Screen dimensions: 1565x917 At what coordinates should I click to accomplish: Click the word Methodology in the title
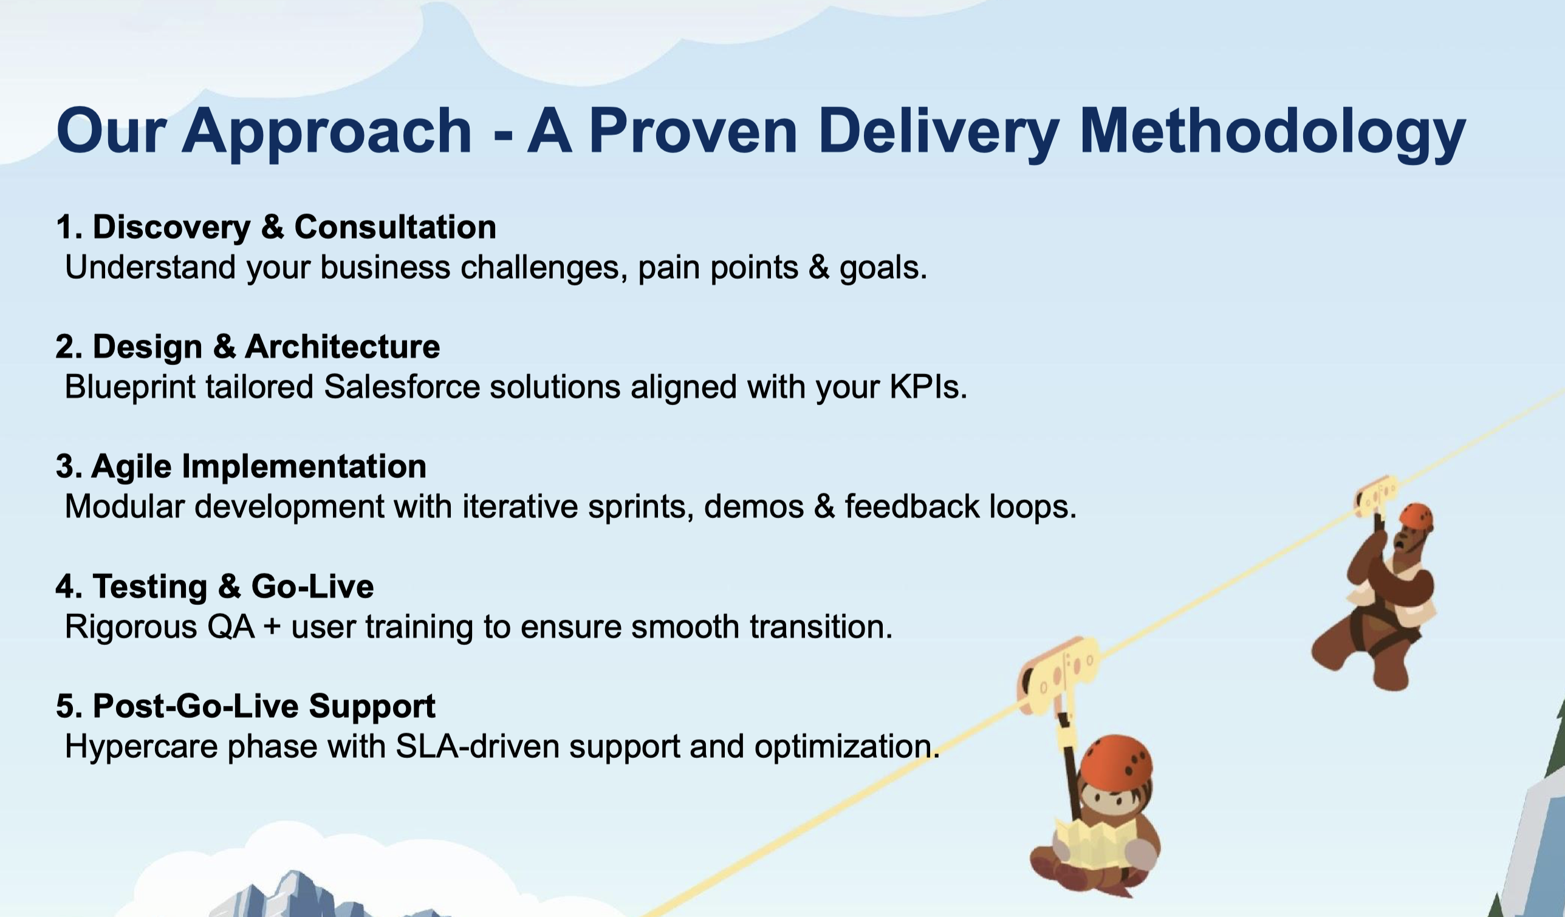pyautogui.click(x=1273, y=132)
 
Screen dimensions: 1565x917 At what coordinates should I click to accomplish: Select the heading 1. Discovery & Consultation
pyautogui.click(x=276, y=227)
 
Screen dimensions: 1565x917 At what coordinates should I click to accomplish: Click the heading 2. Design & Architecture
pyautogui.click(x=248, y=347)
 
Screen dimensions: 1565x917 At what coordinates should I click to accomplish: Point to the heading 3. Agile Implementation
pyautogui.click(x=241, y=467)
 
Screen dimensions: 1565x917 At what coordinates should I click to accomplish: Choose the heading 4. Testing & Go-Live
pyautogui.click(x=215, y=587)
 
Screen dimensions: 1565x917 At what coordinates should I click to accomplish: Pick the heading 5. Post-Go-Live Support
pyautogui.click(x=246, y=706)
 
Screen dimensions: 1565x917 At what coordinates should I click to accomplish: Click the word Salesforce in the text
pyautogui.click(x=402, y=387)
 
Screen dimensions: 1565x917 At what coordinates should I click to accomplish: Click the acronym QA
pyautogui.click(x=231, y=627)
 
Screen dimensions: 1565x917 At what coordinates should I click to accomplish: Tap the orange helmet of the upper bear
pyautogui.click(x=1416, y=517)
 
